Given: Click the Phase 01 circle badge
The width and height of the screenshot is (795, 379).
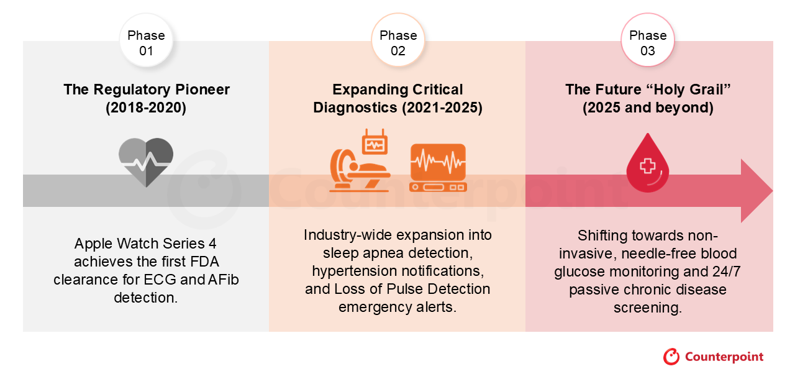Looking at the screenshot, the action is (146, 40).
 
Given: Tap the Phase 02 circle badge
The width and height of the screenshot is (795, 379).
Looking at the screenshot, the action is (398, 40).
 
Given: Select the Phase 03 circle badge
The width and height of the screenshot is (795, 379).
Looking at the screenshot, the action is (648, 40).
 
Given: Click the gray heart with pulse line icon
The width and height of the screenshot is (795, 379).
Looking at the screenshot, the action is (146, 162).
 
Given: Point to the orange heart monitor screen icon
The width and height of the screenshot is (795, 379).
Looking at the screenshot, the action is (438, 168).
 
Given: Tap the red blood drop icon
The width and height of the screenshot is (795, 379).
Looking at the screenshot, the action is (648, 163).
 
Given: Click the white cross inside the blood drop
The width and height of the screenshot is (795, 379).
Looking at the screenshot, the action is (647, 166).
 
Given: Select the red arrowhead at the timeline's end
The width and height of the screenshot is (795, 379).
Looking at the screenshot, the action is (756, 191).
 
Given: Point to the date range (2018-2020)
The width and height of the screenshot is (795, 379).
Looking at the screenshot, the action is (146, 107).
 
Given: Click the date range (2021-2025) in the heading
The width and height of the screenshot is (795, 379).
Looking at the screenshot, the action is (442, 107).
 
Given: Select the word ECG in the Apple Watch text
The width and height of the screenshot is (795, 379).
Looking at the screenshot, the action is (160, 280).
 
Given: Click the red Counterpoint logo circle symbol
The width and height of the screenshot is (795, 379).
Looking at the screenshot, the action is (671, 357).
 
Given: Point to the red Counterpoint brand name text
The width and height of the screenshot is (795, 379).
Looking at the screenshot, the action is (724, 357).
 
